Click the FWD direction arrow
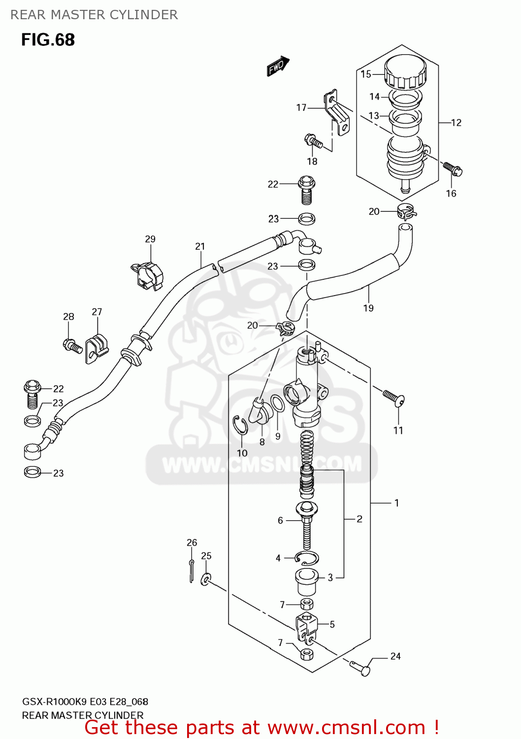click(278, 66)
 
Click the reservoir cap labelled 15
click(405, 72)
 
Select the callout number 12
click(456, 123)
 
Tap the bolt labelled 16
click(453, 168)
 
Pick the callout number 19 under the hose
click(368, 308)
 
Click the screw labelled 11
click(394, 398)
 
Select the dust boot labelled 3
click(306, 582)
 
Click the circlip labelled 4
click(307, 558)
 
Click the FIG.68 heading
click(48, 39)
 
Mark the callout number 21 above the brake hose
click(200, 246)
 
